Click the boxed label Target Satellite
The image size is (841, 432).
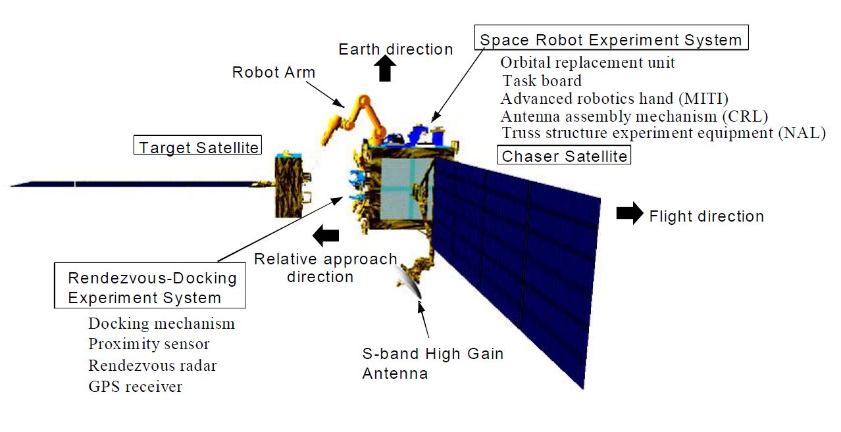(x=197, y=145)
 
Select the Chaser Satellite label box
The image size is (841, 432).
(x=564, y=155)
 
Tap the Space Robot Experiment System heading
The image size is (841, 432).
(x=611, y=37)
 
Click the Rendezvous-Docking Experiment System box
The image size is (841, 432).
(x=150, y=285)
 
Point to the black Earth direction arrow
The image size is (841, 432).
(x=385, y=68)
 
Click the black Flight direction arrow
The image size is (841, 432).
(x=630, y=214)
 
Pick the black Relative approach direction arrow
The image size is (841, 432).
(x=326, y=235)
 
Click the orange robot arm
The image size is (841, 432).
(x=355, y=120)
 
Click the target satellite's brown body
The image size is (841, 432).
(x=288, y=187)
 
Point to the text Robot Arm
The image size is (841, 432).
(x=274, y=72)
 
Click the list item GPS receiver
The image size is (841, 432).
(x=135, y=387)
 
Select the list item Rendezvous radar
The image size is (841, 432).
(x=153, y=366)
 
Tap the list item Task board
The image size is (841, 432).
(x=542, y=81)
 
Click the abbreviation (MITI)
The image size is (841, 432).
(x=703, y=99)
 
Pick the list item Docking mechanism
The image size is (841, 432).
(x=161, y=324)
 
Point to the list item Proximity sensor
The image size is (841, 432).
(x=149, y=345)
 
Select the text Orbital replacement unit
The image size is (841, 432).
(x=588, y=62)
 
